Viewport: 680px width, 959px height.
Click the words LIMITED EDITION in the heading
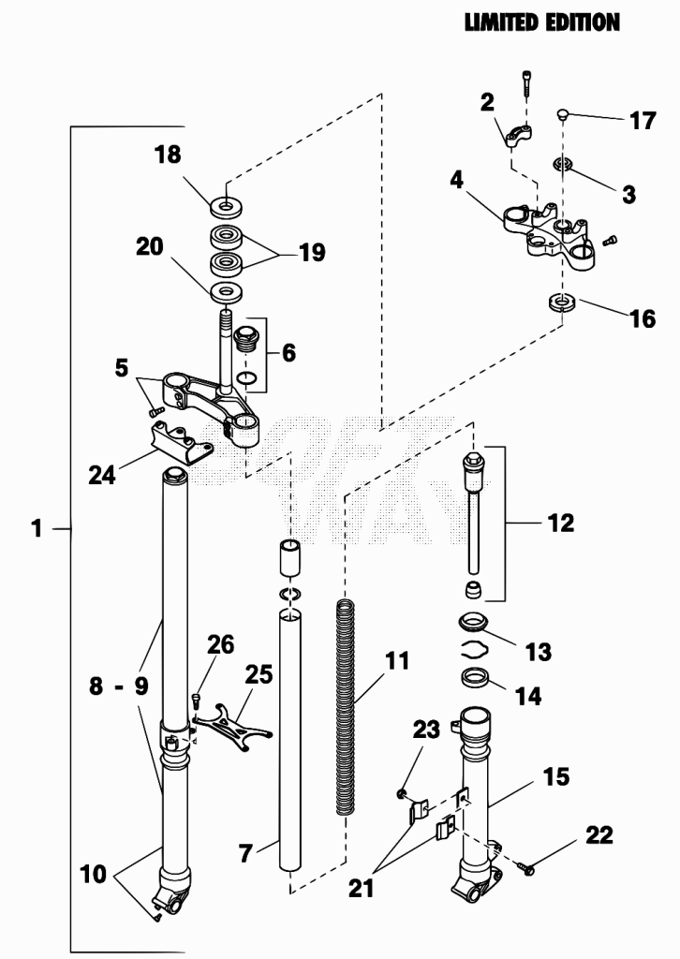click(x=541, y=23)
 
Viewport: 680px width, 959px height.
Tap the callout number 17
click(x=643, y=121)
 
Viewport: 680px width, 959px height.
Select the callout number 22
click(x=599, y=834)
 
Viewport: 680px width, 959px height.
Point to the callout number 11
click(x=397, y=660)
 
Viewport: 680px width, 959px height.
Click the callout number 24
click(x=102, y=475)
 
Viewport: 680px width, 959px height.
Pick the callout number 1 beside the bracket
click(x=37, y=528)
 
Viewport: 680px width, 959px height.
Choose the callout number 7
click(x=245, y=852)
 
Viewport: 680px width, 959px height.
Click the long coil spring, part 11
click(x=346, y=707)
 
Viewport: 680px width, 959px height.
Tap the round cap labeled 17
click(x=563, y=113)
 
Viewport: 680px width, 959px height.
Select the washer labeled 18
click(x=227, y=207)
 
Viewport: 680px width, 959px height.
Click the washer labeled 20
click(x=227, y=292)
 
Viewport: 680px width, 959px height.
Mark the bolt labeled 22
click(x=525, y=865)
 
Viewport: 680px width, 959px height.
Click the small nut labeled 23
click(x=401, y=793)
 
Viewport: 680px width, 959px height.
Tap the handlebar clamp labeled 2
click(x=519, y=136)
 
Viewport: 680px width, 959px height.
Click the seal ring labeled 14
click(x=477, y=678)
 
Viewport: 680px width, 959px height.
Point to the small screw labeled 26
click(x=196, y=701)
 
